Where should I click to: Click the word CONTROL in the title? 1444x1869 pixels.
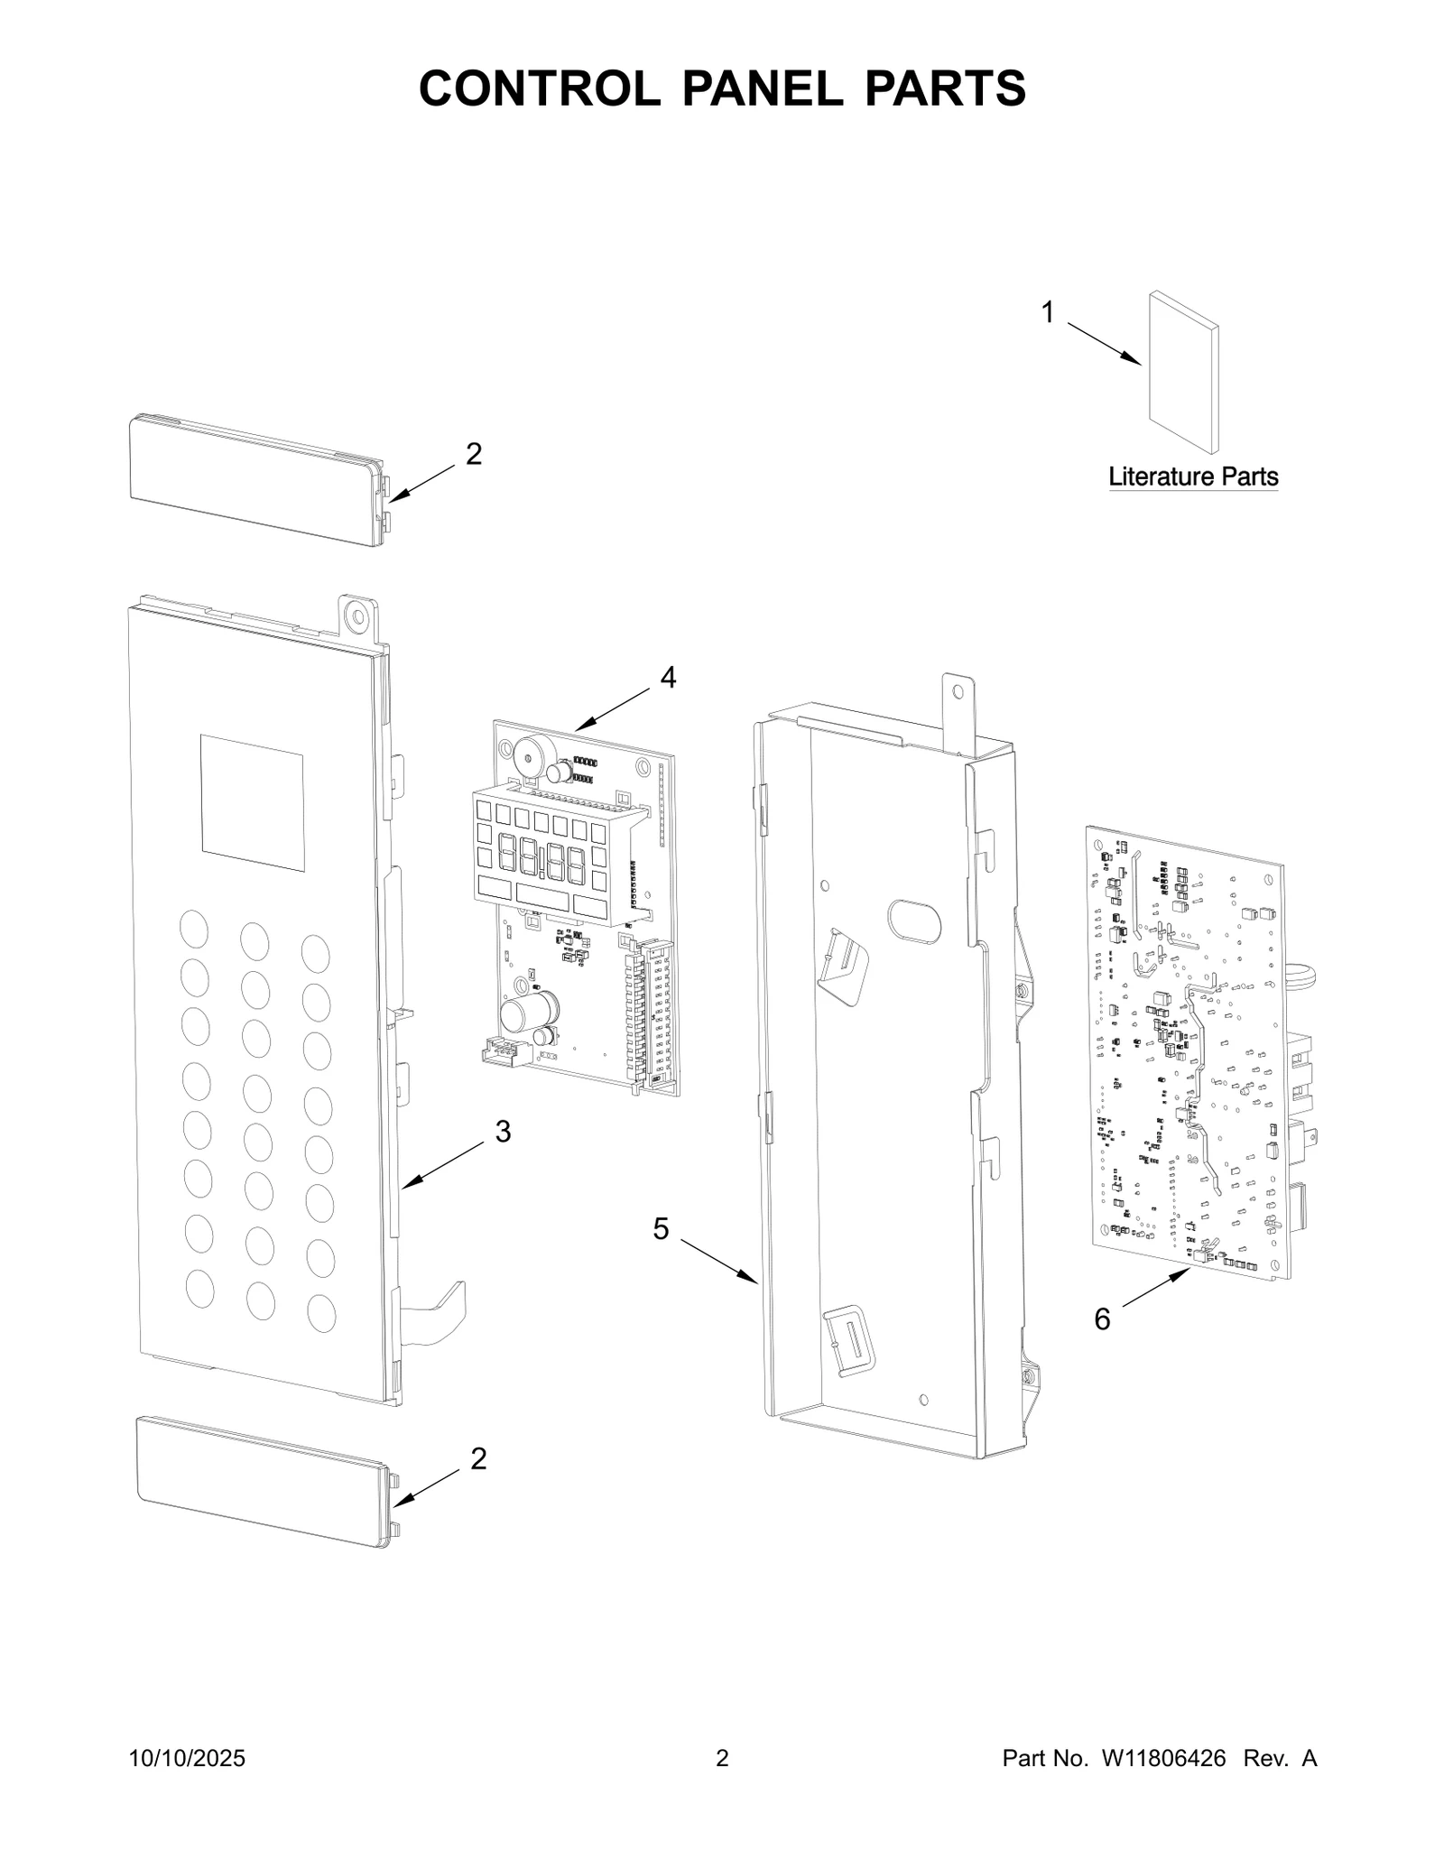(539, 88)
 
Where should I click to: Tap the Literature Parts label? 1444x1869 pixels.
(1192, 476)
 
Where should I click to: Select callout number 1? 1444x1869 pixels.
(1047, 312)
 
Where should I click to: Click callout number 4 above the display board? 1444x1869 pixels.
(668, 677)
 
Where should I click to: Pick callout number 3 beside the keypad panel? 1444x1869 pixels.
(503, 1131)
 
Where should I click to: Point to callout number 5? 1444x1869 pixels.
(661, 1228)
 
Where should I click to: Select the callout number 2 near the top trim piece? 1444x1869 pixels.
(474, 454)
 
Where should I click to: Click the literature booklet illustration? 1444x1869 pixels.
(1183, 371)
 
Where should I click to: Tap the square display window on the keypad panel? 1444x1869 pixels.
(252, 802)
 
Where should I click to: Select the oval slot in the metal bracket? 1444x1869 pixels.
(914, 921)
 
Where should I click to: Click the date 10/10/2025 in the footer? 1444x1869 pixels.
(188, 1783)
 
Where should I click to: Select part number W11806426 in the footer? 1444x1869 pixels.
(1162, 1783)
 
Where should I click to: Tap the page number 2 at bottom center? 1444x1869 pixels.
(722, 1783)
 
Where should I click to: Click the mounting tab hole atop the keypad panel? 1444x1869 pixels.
(358, 617)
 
